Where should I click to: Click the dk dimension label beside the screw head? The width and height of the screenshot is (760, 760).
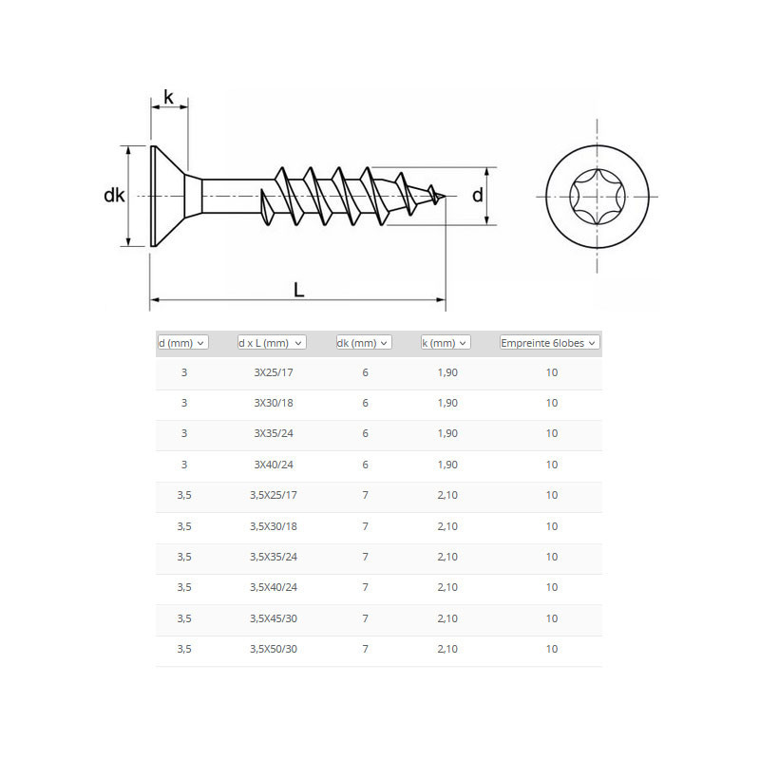click(114, 196)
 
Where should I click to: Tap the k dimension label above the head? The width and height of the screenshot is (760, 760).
click(168, 97)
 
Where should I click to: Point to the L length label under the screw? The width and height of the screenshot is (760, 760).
click(298, 290)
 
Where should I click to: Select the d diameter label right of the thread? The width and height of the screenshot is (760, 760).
click(478, 195)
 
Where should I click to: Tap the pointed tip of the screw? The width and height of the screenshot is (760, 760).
click(445, 197)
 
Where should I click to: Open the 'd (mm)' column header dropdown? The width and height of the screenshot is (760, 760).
click(182, 343)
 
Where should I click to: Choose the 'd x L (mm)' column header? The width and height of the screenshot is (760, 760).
click(272, 343)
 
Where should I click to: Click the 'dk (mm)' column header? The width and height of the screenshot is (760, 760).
click(364, 343)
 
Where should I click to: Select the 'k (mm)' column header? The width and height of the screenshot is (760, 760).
click(446, 343)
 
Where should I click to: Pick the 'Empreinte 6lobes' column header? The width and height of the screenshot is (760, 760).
click(550, 343)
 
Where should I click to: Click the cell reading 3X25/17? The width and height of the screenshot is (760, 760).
click(274, 372)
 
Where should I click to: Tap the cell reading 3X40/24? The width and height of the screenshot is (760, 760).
click(274, 465)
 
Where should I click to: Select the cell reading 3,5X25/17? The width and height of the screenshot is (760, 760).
click(274, 495)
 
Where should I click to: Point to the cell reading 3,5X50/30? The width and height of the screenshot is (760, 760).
click(274, 649)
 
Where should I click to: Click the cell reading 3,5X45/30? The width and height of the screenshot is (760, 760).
click(274, 618)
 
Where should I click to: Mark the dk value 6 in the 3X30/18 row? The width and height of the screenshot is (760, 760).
click(365, 403)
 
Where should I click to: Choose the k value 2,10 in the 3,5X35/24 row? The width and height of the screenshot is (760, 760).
click(447, 557)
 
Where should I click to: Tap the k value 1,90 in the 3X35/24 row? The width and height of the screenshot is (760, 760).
click(447, 433)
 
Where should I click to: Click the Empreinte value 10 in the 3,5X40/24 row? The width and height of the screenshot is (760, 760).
click(552, 587)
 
